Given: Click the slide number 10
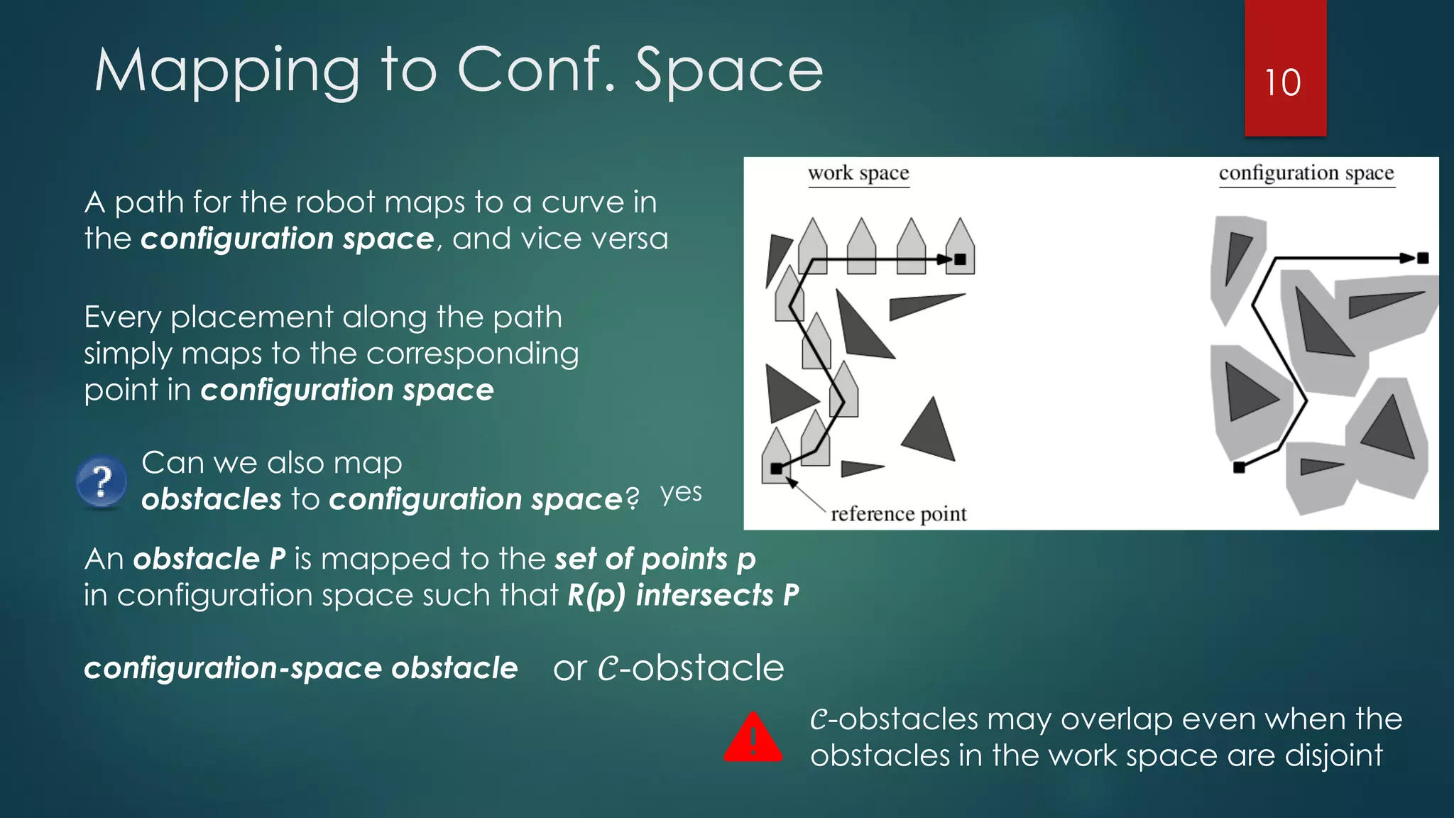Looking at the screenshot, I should click(x=1283, y=83).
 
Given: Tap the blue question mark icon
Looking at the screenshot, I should click(x=102, y=481).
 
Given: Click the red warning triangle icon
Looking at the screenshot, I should click(x=753, y=739).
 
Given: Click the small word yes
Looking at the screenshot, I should click(x=681, y=493).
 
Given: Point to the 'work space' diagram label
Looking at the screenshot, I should click(x=858, y=173).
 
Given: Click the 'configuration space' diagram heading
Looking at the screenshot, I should click(x=1306, y=173).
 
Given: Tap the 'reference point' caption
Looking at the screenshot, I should click(x=898, y=514).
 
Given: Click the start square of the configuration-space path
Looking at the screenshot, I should click(x=1239, y=467).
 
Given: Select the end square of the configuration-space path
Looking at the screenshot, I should click(x=1422, y=258).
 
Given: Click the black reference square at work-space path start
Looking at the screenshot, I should click(x=776, y=469).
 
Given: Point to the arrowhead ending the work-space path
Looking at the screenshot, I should click(x=944, y=260).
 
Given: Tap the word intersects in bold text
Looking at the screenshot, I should click(x=704, y=595).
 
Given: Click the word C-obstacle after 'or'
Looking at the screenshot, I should click(x=690, y=668).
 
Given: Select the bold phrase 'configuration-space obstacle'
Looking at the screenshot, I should click(x=300, y=668).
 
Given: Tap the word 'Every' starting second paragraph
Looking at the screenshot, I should click(x=122, y=317).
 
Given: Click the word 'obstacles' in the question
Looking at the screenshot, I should click(x=211, y=499).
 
